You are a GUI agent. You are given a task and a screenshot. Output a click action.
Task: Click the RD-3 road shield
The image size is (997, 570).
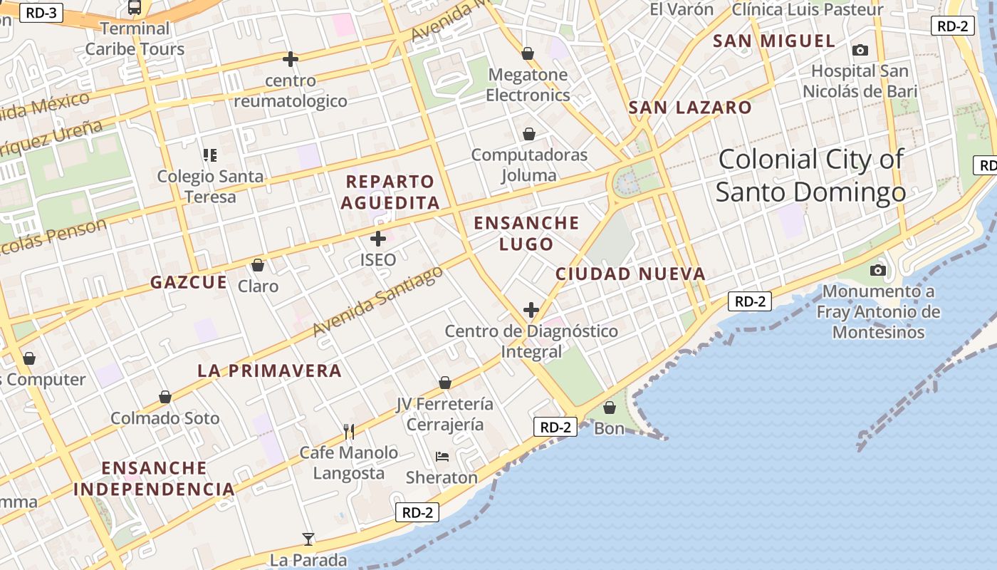[x=41, y=12]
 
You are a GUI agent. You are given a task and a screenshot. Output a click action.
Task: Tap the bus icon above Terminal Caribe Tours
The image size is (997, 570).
[x=135, y=8]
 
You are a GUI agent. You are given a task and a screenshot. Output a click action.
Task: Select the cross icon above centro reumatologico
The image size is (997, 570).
[x=291, y=59]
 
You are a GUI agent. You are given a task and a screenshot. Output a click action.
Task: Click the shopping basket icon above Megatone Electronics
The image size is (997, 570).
[x=528, y=53]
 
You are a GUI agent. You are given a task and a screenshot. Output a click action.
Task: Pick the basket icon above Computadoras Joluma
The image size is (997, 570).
[x=529, y=134]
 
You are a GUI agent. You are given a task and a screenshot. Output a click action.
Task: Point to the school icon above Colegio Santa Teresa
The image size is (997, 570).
[x=209, y=155]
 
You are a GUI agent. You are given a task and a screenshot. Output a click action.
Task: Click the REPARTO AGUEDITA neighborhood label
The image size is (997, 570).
[x=390, y=192]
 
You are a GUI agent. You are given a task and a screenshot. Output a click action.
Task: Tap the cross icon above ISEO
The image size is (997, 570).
[x=378, y=239]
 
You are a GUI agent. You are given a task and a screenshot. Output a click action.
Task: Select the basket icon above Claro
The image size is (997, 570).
[x=258, y=266]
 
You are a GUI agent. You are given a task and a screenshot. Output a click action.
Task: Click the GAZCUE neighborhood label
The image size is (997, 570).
[x=189, y=282]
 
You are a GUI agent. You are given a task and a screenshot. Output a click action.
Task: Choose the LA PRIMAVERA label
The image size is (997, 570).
[x=270, y=370]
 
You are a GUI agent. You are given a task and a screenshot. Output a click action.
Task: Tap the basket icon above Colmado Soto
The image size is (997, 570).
[x=165, y=397]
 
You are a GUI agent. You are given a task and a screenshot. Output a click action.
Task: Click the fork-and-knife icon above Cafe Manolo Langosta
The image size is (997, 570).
[x=349, y=431]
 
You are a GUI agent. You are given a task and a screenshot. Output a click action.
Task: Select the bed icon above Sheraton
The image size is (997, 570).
[x=442, y=456]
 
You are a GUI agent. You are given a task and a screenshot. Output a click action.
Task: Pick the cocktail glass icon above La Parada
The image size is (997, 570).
[x=308, y=539]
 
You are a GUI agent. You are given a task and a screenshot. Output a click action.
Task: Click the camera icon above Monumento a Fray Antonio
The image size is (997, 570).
[x=878, y=271]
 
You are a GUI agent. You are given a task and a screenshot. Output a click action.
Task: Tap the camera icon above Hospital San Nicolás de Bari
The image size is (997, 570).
[x=860, y=51]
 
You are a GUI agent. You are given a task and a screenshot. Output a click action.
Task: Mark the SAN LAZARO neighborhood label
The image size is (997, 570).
[x=690, y=108]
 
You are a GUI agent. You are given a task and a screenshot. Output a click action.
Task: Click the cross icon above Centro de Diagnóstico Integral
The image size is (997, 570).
[x=531, y=310]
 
